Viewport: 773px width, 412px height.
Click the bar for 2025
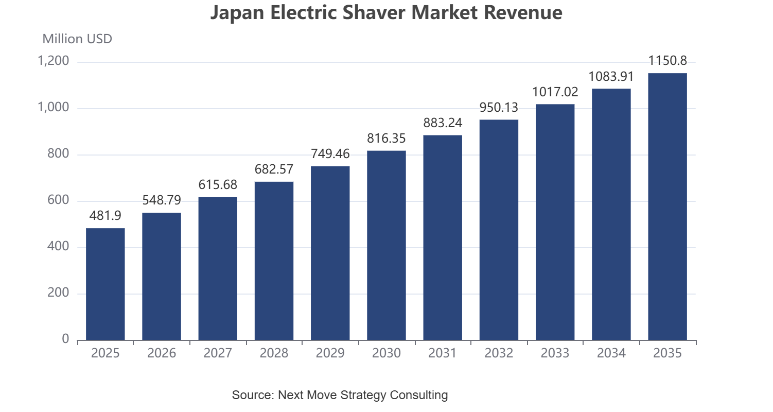106,284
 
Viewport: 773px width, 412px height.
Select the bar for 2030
386,246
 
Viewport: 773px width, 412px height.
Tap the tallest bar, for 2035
667,207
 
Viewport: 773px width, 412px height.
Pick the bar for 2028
274,261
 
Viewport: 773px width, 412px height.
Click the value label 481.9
106,215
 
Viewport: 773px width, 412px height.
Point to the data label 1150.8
667,61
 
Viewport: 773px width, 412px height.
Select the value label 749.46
330,153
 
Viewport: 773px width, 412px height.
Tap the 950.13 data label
499,108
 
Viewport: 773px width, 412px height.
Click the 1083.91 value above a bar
611,76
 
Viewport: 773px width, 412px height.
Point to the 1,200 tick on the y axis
53,61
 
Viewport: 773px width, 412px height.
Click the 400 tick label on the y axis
58,247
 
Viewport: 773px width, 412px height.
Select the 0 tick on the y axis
65,339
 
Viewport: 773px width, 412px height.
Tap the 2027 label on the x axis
218,353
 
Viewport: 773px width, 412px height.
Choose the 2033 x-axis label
555,353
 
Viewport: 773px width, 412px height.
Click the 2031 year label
443,353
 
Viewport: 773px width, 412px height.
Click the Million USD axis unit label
77,39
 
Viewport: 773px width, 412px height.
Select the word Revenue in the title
523,13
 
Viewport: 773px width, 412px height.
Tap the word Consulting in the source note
418,395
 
